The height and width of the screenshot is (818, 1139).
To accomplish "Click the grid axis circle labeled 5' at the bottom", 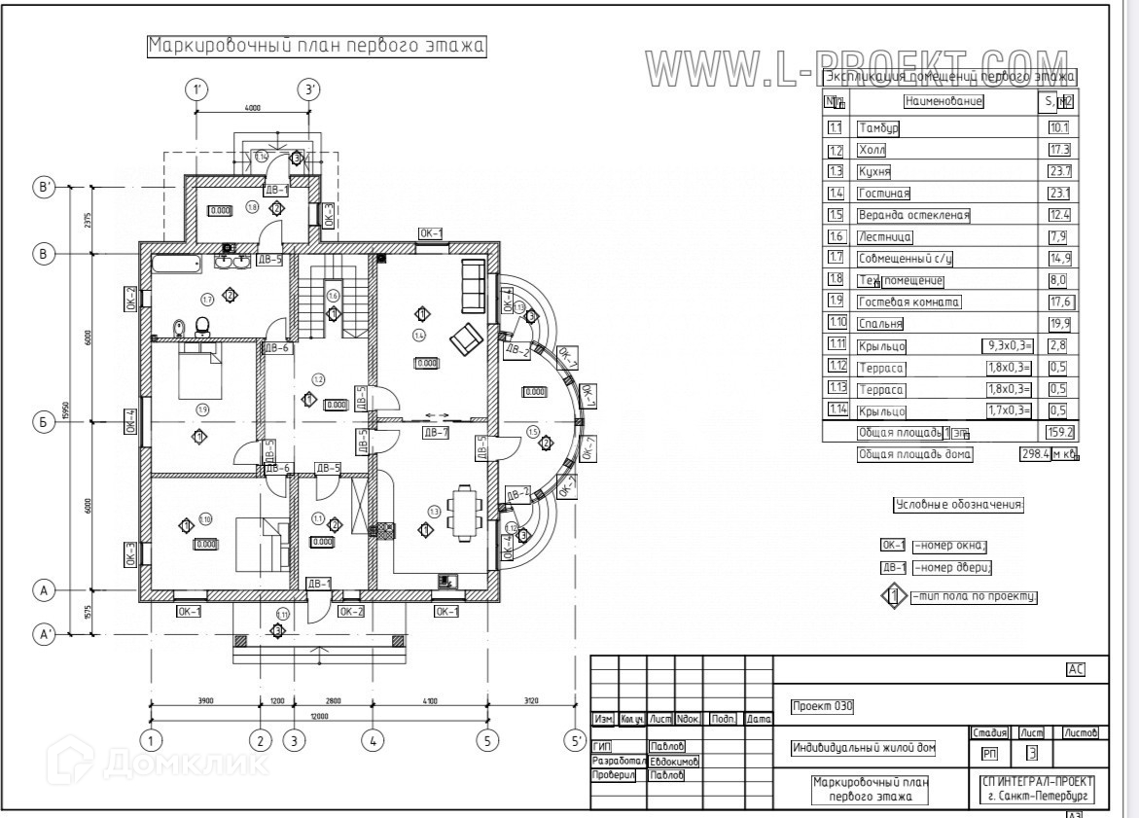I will (x=573, y=740).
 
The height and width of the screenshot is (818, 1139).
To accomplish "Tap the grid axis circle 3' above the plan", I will (x=309, y=90).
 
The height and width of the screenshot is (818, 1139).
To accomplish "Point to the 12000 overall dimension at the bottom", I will (x=319, y=717).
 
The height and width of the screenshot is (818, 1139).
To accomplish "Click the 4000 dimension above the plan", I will (x=253, y=108).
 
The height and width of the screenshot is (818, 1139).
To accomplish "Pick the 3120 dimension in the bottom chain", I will (x=530, y=699).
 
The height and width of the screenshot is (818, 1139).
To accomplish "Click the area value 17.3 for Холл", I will (x=1058, y=150).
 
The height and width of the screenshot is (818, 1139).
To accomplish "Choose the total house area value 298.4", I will (x=1033, y=454).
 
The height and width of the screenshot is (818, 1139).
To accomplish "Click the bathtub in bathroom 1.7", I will (x=176, y=262).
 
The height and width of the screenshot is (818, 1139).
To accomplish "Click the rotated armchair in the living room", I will (x=465, y=338).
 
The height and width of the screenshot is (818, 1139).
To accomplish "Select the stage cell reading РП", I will (x=989, y=752).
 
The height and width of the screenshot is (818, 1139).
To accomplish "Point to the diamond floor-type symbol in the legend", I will (x=893, y=595).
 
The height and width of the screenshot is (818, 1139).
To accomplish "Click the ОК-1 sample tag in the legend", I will (x=893, y=546).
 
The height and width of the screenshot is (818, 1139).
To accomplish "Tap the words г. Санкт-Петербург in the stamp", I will (x=1039, y=796).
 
